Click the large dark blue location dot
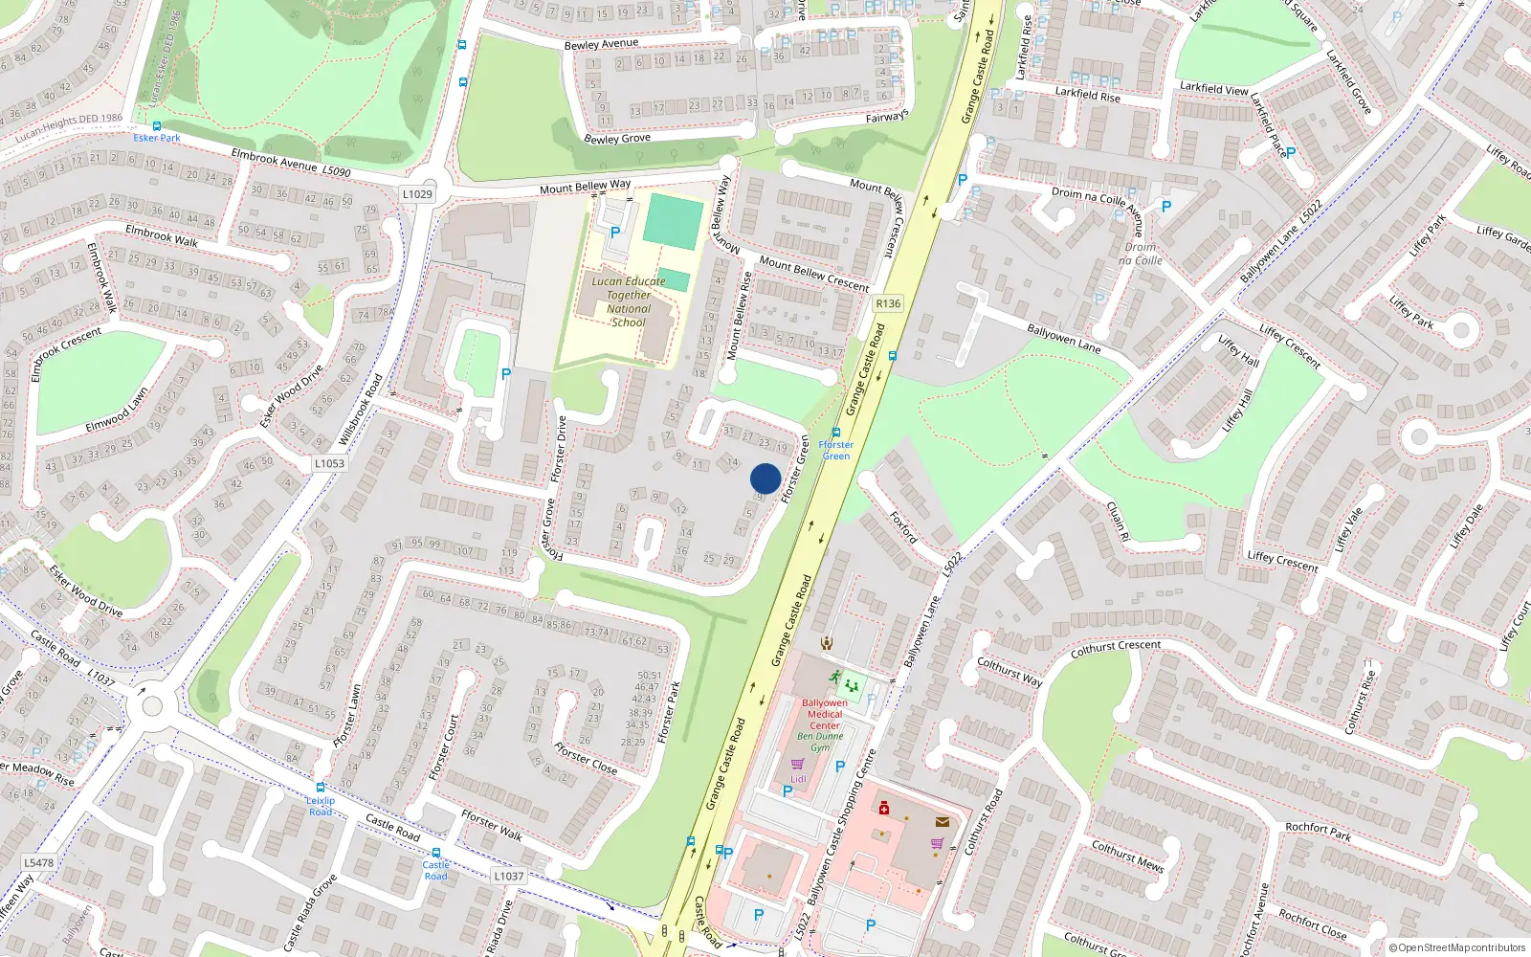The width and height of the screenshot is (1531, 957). [x=765, y=478]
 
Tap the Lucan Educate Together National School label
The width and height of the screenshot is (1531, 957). [x=628, y=301]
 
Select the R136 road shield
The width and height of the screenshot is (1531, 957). [x=888, y=303]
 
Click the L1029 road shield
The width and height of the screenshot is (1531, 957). [x=417, y=193]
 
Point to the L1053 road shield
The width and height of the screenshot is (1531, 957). [x=329, y=463]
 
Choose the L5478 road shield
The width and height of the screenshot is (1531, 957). [x=38, y=862]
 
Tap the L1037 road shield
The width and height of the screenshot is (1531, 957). [x=509, y=876]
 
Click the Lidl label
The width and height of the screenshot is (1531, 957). [x=798, y=779]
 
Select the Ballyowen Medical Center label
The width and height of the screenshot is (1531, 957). [x=825, y=714]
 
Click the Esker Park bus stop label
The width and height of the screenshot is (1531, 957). [x=157, y=138]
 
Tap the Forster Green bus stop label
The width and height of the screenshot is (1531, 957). [x=835, y=450]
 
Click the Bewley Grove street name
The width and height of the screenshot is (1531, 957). [x=617, y=139]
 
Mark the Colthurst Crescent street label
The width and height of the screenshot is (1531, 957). [x=1116, y=648]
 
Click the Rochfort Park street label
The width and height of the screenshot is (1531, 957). [x=1318, y=832]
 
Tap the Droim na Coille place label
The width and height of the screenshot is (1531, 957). [x=1141, y=254]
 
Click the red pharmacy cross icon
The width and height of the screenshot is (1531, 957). [x=884, y=809]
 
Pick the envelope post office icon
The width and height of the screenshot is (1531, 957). [x=943, y=821]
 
